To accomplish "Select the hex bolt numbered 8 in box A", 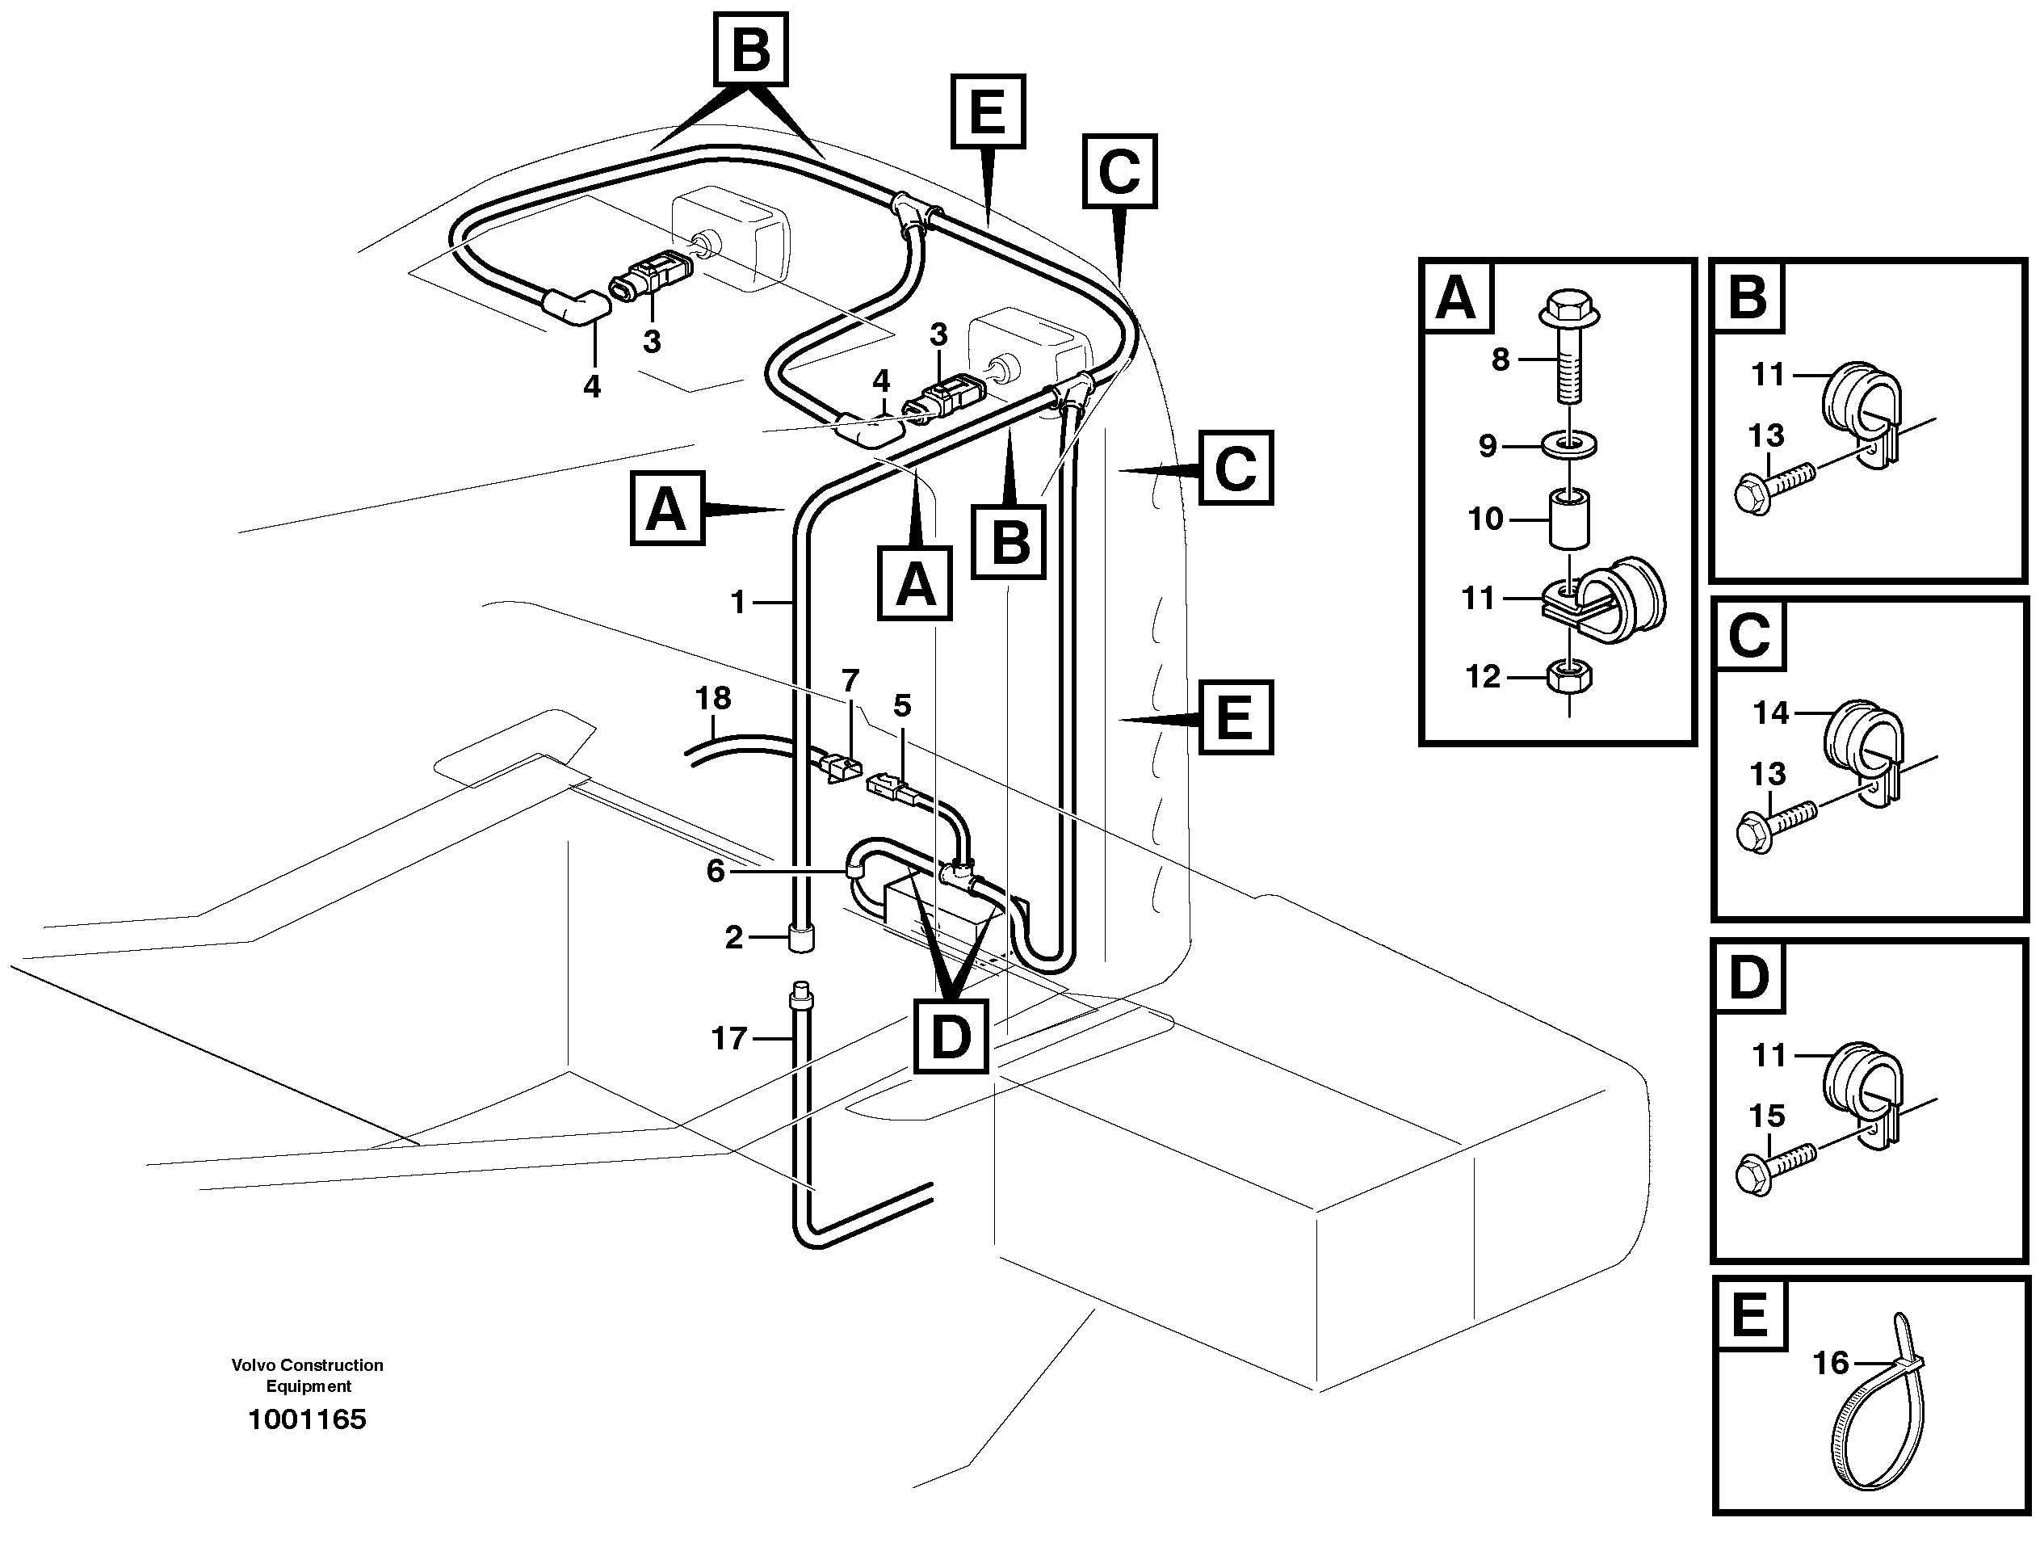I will [x=1569, y=349].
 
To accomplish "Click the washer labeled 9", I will [x=1570, y=444].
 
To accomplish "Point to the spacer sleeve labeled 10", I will [x=1569, y=518].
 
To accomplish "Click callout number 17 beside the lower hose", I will [x=728, y=1038].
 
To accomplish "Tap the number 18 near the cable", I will [x=713, y=698].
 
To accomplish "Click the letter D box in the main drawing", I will [x=949, y=1034].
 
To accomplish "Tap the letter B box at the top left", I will [x=750, y=49].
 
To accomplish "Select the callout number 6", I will [x=715, y=870].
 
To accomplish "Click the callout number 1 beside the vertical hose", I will [x=738, y=603].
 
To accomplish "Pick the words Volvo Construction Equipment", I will [x=307, y=1375].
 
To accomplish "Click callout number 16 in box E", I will [x=1830, y=1363].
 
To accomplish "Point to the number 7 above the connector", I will [x=850, y=680].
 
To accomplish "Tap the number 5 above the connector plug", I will [x=902, y=706].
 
